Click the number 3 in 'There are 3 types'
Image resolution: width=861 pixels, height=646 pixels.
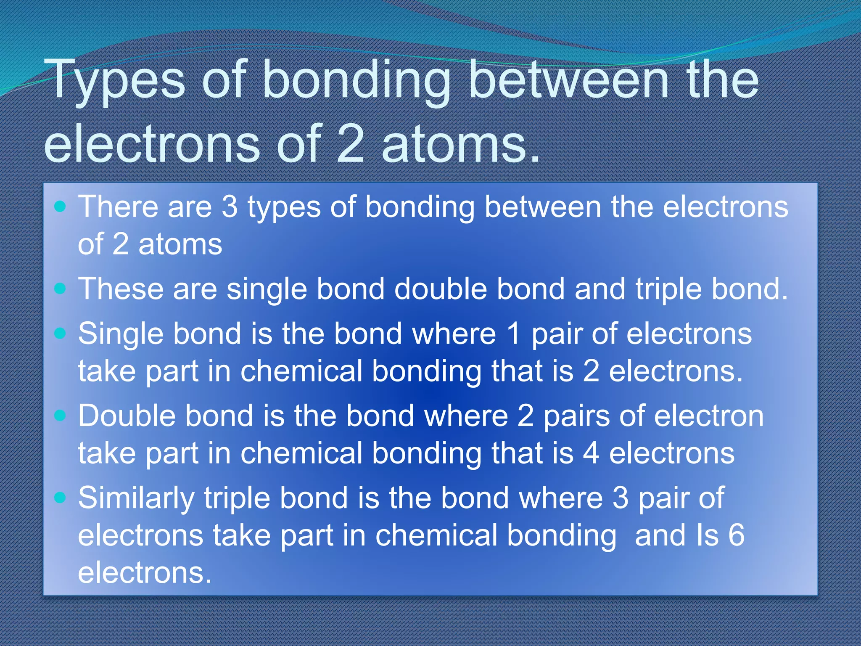(230, 207)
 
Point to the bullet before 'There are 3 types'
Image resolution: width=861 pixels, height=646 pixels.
(61, 207)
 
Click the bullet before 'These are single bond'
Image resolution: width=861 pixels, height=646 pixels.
(61, 289)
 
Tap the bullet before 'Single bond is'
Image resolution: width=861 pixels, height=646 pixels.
(61, 334)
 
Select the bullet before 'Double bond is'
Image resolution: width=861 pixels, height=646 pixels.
(61, 416)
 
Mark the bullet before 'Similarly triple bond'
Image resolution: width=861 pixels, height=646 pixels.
(61, 498)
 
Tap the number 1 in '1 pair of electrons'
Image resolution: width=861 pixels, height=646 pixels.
(513, 334)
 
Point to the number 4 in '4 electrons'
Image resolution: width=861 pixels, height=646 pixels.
(591, 453)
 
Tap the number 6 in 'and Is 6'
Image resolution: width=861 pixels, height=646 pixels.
(736, 535)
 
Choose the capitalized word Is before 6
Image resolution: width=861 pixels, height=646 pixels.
(708, 535)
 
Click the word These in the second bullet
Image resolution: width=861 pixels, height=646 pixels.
(121, 289)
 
